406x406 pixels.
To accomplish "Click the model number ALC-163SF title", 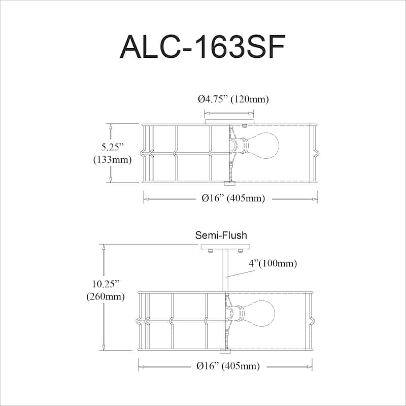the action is click(202, 47).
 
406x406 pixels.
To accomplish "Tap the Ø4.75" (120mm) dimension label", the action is click(233, 99).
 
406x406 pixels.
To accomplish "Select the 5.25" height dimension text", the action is click(112, 147).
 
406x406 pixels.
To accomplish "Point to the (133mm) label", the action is click(112, 159).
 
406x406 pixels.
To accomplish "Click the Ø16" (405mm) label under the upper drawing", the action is click(233, 198).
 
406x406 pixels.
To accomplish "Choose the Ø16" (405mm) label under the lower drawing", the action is click(228, 366).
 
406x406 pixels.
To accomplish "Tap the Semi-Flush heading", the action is click(221, 235).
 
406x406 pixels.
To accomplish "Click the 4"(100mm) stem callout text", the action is click(273, 263).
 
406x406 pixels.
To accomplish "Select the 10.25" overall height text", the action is click(106, 284).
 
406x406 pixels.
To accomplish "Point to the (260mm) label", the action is click(106, 296).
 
